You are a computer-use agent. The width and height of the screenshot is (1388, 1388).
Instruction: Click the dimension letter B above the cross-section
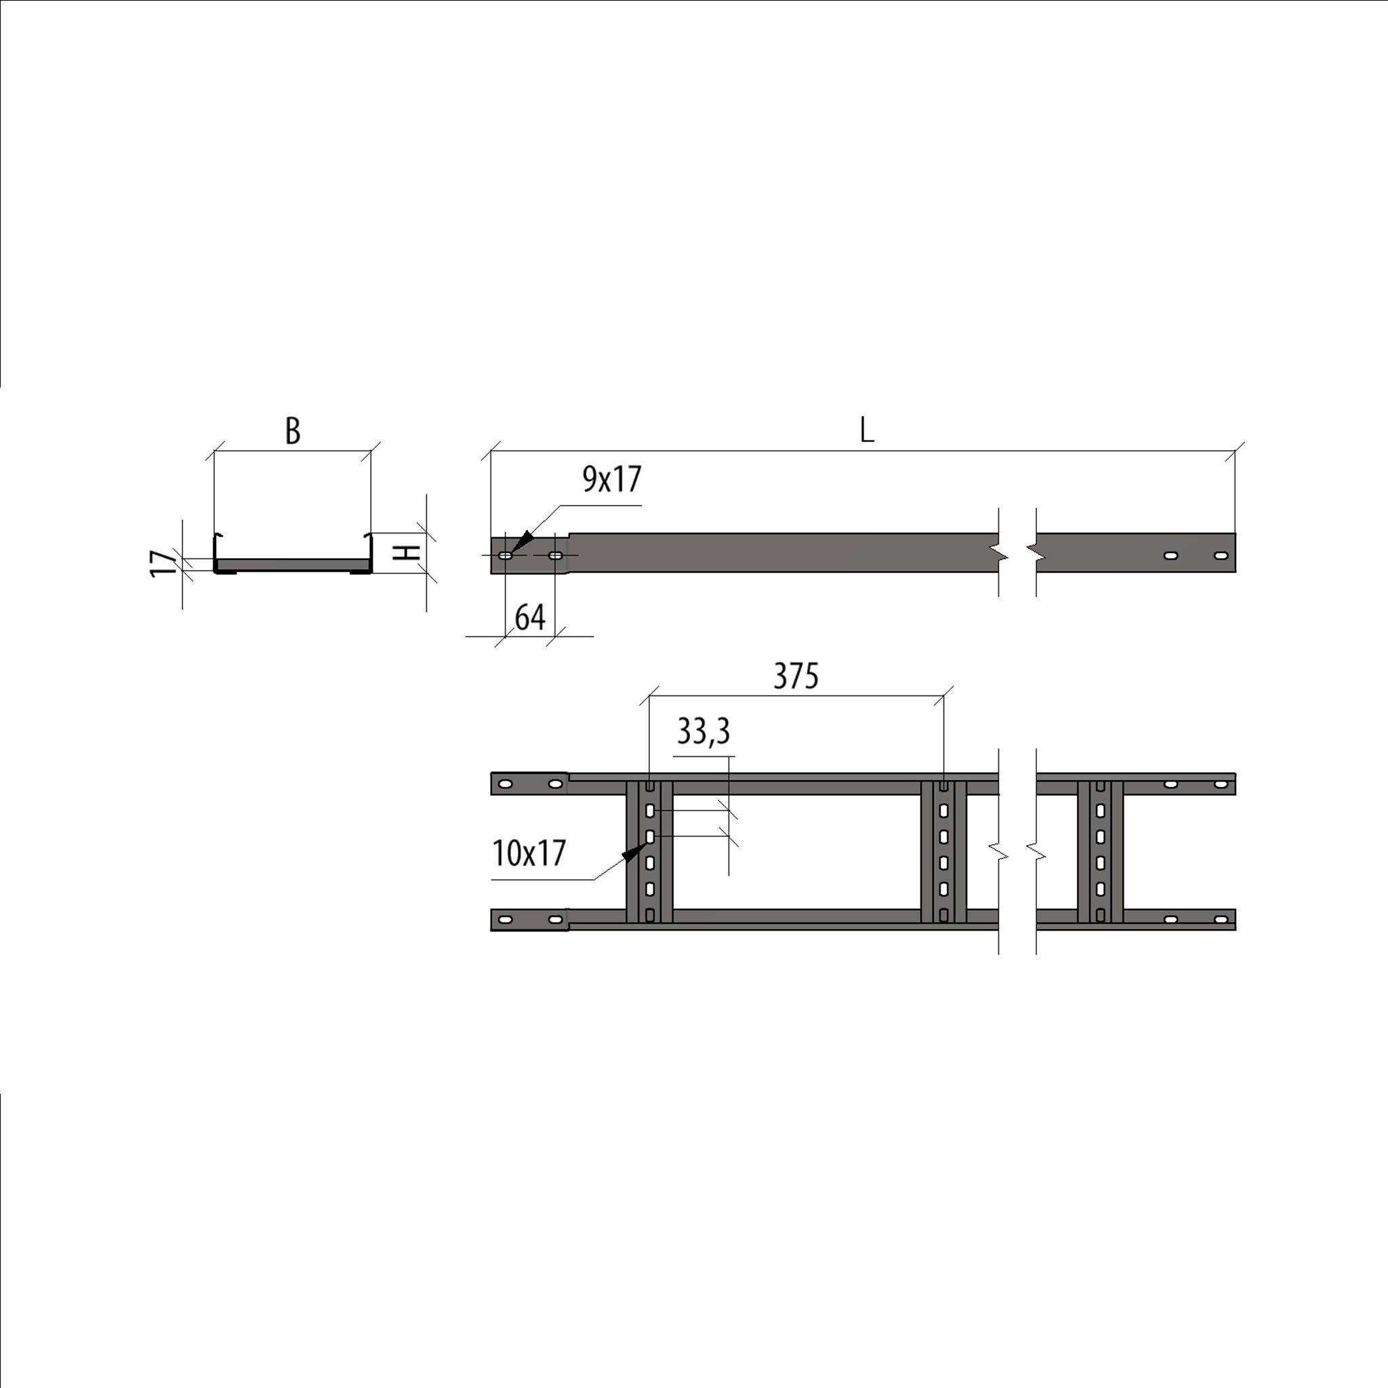292,430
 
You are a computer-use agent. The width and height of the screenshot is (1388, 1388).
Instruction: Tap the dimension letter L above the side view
867,430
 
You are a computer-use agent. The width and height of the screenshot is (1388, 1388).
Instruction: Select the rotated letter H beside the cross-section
409,552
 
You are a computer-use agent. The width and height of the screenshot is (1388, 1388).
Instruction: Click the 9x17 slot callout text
611,479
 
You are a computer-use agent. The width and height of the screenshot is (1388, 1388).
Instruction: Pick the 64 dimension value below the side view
530,617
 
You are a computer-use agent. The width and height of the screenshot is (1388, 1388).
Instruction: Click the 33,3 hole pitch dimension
703,731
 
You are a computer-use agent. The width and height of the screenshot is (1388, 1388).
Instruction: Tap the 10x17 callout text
529,853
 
